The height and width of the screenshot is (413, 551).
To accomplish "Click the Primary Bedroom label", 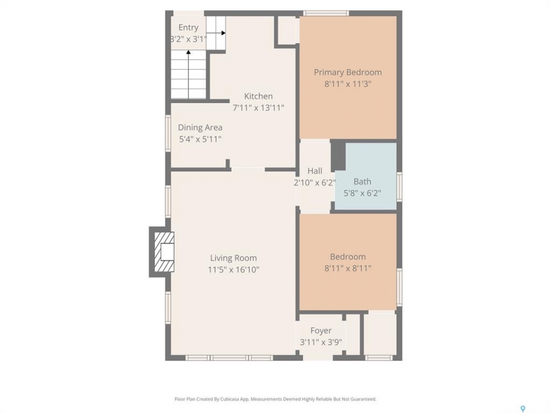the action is pos(348,72).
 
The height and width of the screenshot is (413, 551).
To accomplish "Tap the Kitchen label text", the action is pos(258,96).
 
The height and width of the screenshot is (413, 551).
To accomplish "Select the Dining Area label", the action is pos(200,127).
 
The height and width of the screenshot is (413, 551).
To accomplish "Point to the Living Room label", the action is pos(234,258).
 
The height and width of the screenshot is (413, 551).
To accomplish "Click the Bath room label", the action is pos(362,182).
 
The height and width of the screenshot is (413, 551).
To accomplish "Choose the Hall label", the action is pos(315,171).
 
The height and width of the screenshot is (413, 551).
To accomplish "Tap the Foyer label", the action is pos(321,331).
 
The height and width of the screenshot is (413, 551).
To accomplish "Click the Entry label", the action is pos(188,28).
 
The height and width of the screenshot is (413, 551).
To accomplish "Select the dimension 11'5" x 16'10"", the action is pos(234,270).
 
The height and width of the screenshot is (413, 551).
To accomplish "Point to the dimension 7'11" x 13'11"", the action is pos(258,108).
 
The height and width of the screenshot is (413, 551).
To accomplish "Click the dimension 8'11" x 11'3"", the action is pos(348,84).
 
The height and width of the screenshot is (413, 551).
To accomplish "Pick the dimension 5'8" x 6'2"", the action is pos(362,193).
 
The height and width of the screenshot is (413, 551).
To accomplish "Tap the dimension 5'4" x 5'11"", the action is pos(200,139).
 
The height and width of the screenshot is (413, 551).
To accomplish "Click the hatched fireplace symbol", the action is pos(165,252).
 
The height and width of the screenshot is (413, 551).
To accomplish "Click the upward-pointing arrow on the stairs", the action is pos(189,74).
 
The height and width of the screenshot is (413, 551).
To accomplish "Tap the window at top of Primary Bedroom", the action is pos(327,13).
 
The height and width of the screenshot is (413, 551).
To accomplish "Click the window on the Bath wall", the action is pos(399,186).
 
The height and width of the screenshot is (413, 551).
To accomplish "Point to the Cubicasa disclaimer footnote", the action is pos(275,399).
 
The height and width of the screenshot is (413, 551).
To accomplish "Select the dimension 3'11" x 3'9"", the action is pos(321,342).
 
